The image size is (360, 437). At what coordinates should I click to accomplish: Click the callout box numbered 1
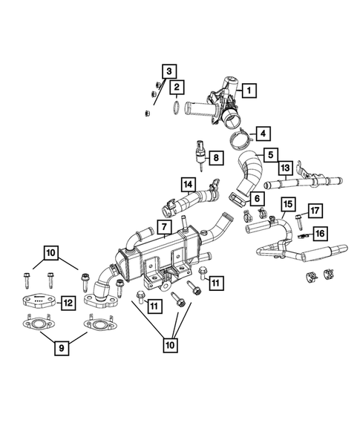tap(249, 91)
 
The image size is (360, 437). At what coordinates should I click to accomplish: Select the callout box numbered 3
tap(170, 71)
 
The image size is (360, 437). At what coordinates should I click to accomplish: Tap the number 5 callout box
tap(272, 156)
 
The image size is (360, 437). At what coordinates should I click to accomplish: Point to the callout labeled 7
tap(163, 225)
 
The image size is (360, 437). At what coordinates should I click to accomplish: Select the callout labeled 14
tap(188, 183)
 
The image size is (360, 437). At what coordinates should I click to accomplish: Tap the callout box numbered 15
tap(287, 203)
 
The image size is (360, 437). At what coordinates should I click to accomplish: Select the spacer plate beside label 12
tap(34, 301)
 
